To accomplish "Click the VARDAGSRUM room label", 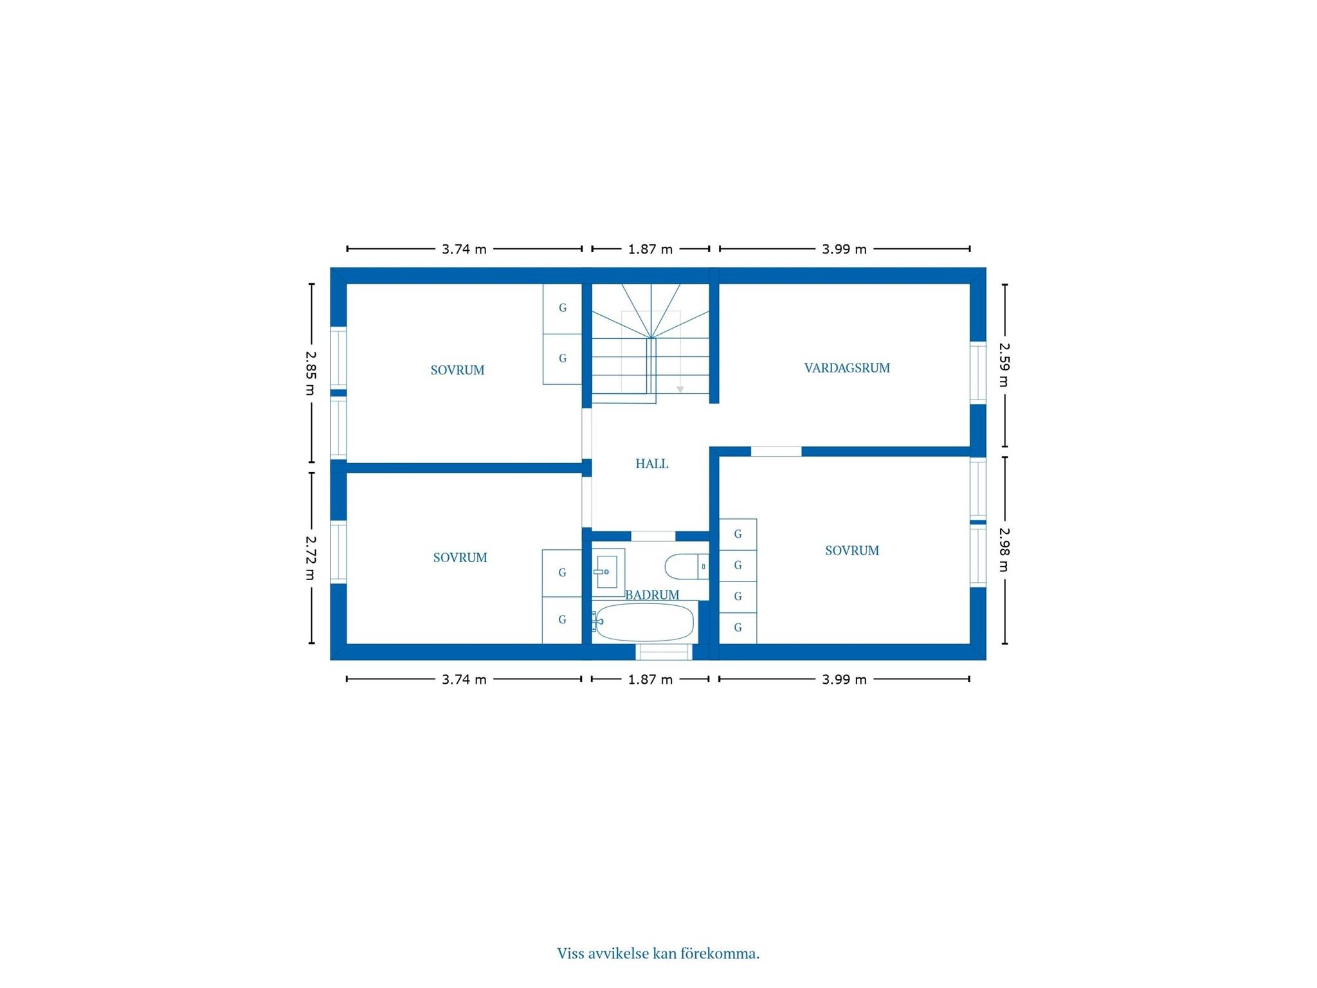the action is pyautogui.click(x=847, y=368).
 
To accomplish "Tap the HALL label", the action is pyautogui.click(x=651, y=464).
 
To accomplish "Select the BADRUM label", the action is pyautogui.click(x=652, y=595).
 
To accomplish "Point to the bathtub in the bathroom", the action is pyautogui.click(x=644, y=622).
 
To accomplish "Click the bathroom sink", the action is pyautogui.click(x=608, y=571).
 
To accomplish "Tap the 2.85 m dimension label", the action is pyautogui.click(x=311, y=373).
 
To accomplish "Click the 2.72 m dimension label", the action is pyautogui.click(x=311, y=558).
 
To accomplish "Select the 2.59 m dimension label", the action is pyautogui.click(x=1004, y=365).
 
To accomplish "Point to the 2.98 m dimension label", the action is pyautogui.click(x=1004, y=550).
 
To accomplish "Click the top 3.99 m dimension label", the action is pyautogui.click(x=844, y=249).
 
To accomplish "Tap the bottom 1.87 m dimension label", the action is pyautogui.click(x=650, y=679).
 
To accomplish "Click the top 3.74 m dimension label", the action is pyautogui.click(x=464, y=249).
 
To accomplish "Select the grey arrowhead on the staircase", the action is pyautogui.click(x=680, y=390).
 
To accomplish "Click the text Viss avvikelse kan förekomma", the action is pyautogui.click(x=658, y=953).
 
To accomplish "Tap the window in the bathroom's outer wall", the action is pyautogui.click(x=664, y=652).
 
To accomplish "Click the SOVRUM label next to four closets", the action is pyautogui.click(x=852, y=551).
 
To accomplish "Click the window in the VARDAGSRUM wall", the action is pyautogui.click(x=978, y=372).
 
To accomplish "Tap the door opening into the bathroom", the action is pyautogui.click(x=653, y=536).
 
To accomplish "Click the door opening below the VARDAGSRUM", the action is pyautogui.click(x=776, y=452).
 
